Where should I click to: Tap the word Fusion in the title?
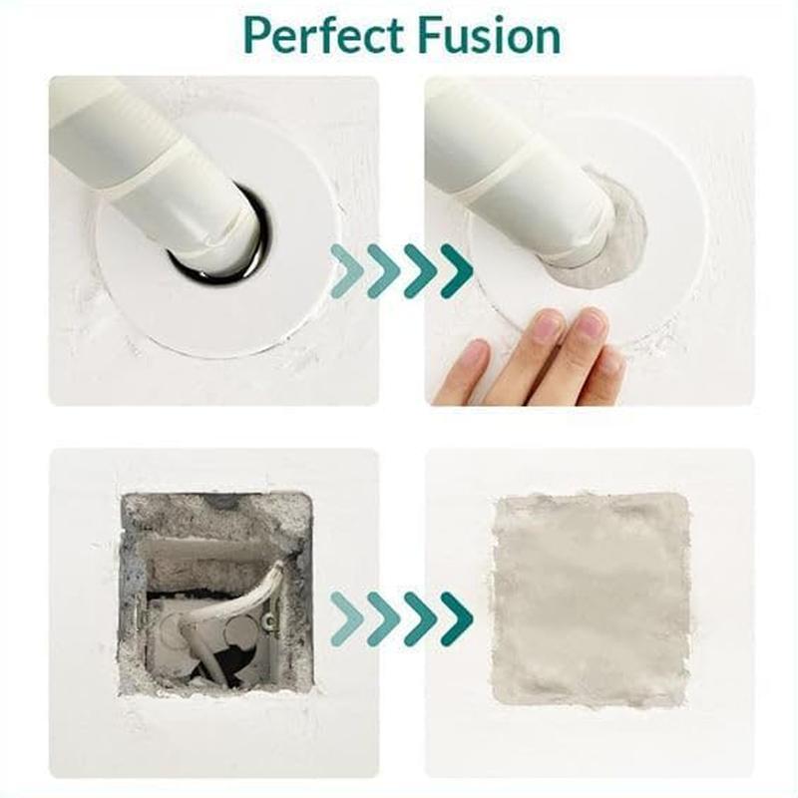489,36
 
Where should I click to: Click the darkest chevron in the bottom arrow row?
456,618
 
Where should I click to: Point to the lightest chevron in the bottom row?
346,618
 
